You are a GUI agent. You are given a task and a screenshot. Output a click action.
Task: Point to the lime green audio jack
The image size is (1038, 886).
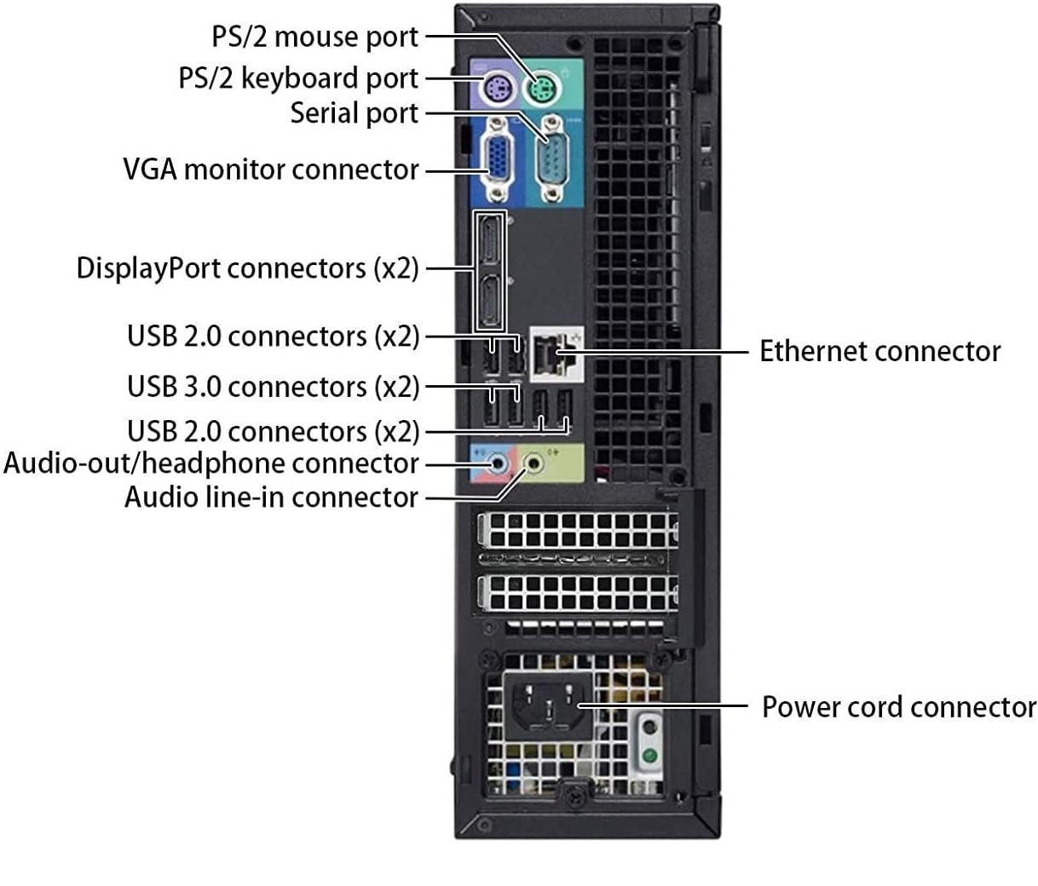533,463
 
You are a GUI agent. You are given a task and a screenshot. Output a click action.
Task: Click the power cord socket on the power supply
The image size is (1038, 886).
548,706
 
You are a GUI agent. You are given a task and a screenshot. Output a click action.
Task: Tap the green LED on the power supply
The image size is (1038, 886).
650,755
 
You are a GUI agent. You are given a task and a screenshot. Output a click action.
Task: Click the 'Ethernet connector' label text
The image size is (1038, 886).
879,351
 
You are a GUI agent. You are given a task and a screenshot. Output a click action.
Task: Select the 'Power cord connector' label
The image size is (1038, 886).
899,707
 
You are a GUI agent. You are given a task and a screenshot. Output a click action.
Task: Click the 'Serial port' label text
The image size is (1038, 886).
354,113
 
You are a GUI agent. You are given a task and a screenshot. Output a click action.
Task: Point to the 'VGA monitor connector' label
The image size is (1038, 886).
271,170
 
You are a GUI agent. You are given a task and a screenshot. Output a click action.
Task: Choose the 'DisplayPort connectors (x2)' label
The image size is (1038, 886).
248,268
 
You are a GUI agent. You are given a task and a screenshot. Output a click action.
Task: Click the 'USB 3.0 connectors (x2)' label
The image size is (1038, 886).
274,387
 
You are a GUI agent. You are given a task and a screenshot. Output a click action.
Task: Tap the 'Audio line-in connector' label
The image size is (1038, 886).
271,497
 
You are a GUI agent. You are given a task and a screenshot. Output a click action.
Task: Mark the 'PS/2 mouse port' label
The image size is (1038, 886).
314,37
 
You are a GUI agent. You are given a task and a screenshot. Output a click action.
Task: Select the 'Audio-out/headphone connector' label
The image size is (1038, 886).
210,463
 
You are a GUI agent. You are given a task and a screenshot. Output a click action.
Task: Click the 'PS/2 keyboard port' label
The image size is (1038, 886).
298,79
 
